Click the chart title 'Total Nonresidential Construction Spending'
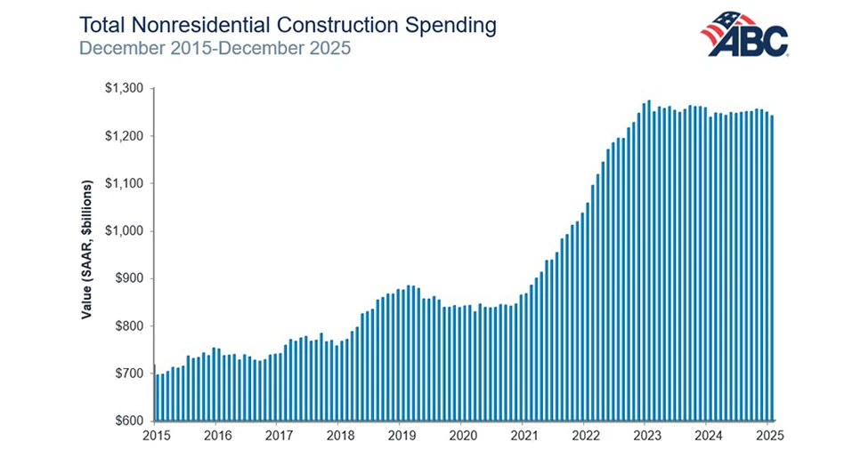pyautogui.click(x=288, y=24)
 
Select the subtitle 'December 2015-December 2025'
pyautogui.click(x=215, y=47)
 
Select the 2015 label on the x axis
pyautogui.click(x=156, y=437)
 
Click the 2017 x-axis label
pyautogui.click(x=279, y=437)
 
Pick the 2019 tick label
pyautogui.click(x=402, y=437)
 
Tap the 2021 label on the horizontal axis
pyautogui.click(x=524, y=437)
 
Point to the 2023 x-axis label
pyautogui.click(x=647, y=437)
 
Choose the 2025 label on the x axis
pyautogui.click(x=770, y=437)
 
